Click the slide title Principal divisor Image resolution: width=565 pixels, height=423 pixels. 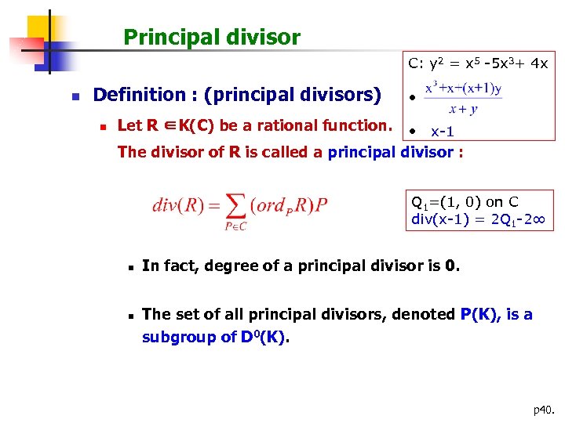click(212, 37)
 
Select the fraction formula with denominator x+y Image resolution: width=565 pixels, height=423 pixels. click(463, 99)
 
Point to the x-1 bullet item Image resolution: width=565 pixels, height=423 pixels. click(443, 131)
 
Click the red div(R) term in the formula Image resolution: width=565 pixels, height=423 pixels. click(175, 206)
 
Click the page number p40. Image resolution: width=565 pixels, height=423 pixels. click(543, 408)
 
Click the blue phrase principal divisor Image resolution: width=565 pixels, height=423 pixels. click(389, 152)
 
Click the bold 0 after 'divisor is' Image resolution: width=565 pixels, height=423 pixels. click(449, 266)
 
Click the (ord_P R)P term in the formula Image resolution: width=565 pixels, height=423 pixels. click(290, 206)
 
